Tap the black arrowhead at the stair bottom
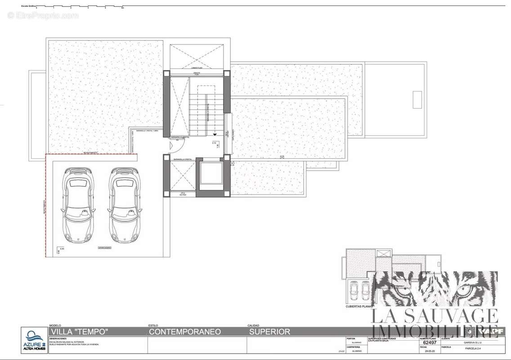point(215,134)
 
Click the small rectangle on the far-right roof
point(417,99)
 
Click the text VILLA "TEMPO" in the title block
point(79,332)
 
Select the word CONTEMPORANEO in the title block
point(184,332)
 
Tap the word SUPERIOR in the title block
point(269,332)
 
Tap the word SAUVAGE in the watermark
point(450,315)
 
